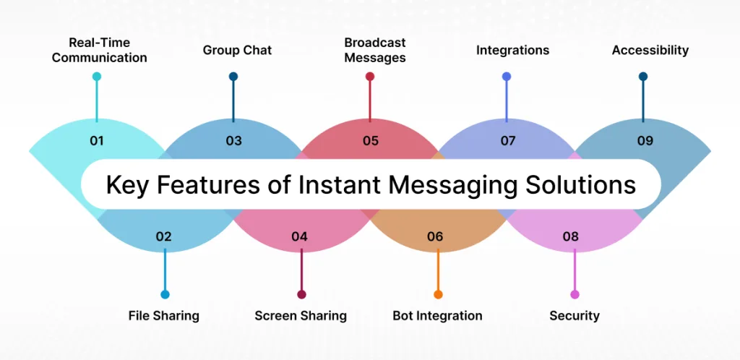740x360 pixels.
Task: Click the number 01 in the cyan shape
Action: (x=97, y=141)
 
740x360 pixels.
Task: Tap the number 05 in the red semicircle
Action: (x=371, y=141)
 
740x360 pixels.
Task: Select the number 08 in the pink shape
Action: (x=571, y=236)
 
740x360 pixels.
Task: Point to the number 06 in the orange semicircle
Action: (x=435, y=236)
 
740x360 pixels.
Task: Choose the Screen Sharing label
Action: (x=301, y=316)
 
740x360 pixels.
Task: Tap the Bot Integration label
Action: (x=437, y=316)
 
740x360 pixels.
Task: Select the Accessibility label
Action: (x=650, y=51)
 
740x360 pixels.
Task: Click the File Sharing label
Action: (x=164, y=316)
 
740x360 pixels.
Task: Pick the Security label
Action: (x=575, y=316)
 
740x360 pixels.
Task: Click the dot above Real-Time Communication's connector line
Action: (x=97, y=77)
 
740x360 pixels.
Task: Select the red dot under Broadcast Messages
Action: (x=370, y=77)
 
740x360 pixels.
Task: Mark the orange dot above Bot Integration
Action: (x=438, y=294)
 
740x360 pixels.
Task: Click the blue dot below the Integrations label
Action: (x=507, y=77)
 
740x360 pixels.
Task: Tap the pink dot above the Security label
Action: (x=575, y=294)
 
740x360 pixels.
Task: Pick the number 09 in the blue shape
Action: (x=645, y=141)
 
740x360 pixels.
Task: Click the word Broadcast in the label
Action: (x=375, y=43)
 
